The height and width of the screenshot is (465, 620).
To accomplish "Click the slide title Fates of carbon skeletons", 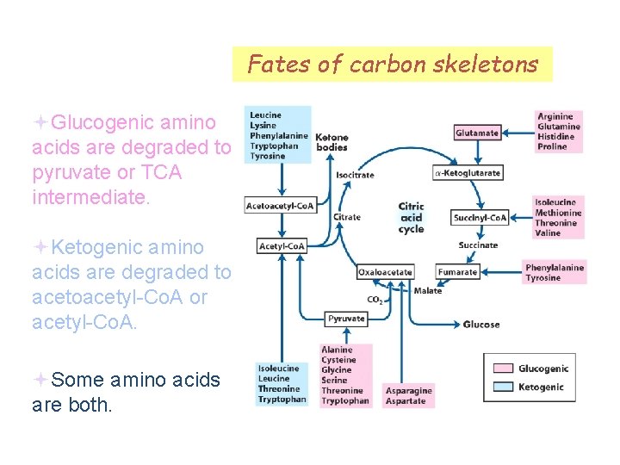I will (392, 64).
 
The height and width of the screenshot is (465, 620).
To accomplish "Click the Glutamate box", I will (477, 133).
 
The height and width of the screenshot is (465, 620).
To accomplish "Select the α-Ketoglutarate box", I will (467, 173).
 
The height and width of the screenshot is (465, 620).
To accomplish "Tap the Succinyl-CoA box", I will (480, 218).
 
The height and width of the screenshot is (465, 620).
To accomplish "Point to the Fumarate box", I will (457, 272).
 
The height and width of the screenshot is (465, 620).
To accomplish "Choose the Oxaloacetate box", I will (385, 272).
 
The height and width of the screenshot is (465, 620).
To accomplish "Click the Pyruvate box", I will (346, 319).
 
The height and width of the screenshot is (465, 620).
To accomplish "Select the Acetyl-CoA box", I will (282, 246).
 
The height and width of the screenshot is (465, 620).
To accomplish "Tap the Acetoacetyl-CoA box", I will (281, 206).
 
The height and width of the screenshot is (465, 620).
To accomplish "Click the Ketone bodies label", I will (332, 142).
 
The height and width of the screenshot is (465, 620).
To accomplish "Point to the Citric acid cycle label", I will (411, 218).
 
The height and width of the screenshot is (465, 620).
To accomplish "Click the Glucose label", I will (480, 325).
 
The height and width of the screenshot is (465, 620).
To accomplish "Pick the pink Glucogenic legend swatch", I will (503, 369).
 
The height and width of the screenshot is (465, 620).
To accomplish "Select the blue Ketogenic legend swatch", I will (503, 387).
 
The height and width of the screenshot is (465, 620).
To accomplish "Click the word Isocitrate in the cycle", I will (355, 175).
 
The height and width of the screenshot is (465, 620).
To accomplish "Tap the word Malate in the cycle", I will (427, 291).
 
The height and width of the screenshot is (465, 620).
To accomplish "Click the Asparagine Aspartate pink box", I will (409, 395).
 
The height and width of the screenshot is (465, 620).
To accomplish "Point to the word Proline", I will (553, 147).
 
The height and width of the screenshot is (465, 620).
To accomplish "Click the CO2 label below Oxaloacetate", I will (375, 300).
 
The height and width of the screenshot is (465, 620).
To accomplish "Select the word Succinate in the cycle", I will (478, 245).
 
